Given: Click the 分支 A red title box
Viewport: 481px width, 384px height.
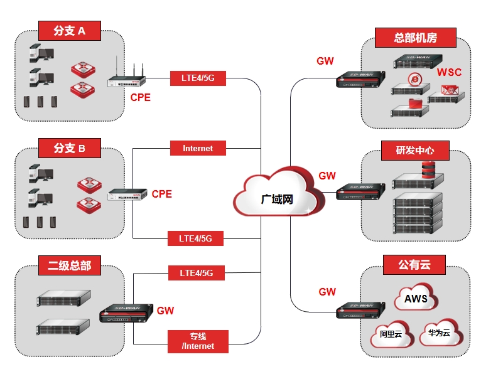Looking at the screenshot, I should (70, 29).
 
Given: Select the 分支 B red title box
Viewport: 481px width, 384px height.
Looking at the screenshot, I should (70, 149).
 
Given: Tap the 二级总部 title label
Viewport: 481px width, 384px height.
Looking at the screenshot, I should (70, 265).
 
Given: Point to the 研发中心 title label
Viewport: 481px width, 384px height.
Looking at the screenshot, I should (414, 151).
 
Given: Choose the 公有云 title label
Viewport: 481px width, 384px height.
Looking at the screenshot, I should (414, 264).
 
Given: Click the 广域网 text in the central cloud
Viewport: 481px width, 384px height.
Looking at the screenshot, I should (277, 199).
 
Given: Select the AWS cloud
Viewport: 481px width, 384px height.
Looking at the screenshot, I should (416, 299).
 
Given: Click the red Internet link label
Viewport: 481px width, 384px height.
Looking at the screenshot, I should (198, 149).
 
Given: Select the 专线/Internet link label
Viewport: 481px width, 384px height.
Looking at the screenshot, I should (198, 341).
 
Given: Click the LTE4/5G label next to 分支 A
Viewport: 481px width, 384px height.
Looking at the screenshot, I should (198, 78).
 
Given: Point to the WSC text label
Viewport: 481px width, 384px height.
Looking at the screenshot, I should (449, 72).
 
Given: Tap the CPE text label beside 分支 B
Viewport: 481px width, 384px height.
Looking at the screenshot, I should (161, 194).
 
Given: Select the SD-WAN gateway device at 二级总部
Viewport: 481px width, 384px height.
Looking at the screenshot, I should (126, 312).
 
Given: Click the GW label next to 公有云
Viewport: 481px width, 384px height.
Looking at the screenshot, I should (327, 292).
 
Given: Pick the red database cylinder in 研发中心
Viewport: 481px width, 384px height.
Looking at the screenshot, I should (428, 169).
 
